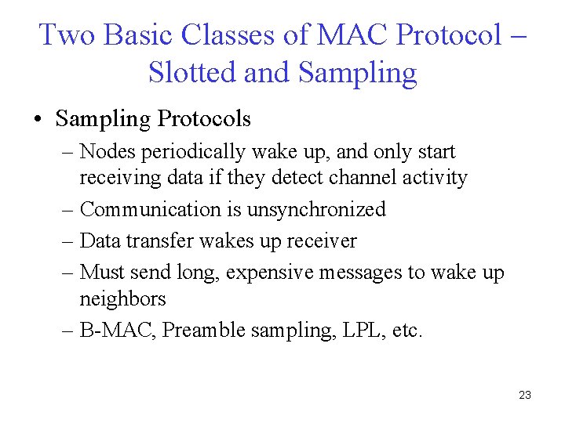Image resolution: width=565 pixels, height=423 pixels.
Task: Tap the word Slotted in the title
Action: point(192,73)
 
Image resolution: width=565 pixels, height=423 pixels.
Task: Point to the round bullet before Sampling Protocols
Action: point(38,120)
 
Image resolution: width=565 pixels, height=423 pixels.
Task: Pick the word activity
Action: point(438,178)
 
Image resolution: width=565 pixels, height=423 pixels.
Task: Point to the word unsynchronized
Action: point(316,209)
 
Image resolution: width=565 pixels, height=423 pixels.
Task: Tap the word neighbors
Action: point(122,298)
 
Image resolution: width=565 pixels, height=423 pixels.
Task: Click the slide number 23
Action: point(525,395)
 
